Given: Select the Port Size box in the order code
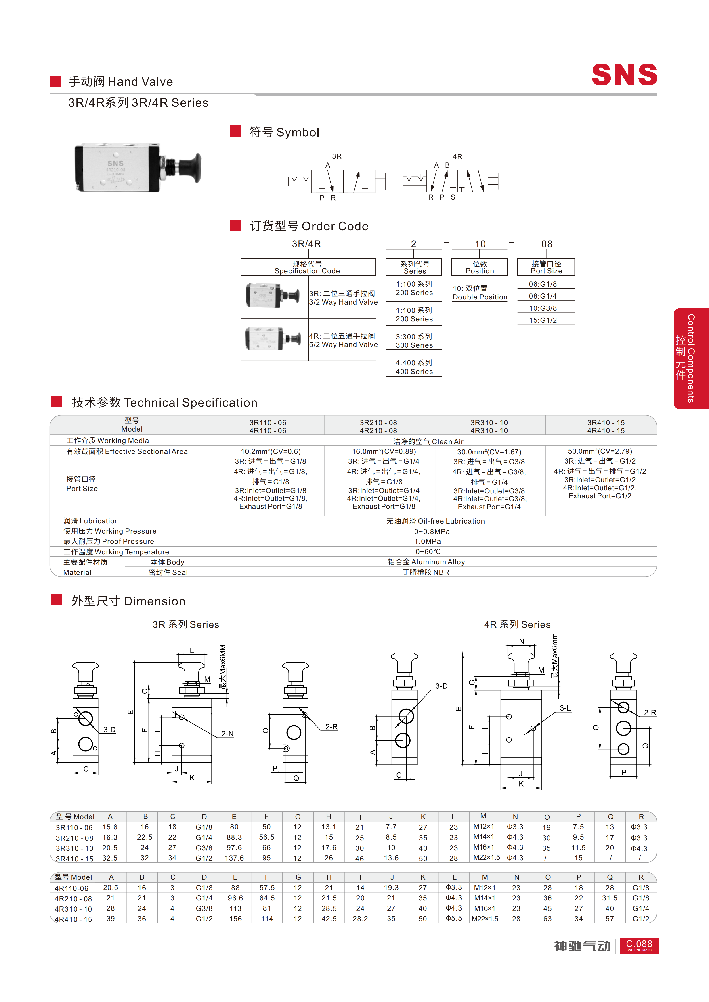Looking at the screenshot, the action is [x=546, y=267].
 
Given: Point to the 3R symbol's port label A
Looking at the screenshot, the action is [x=328, y=165].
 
